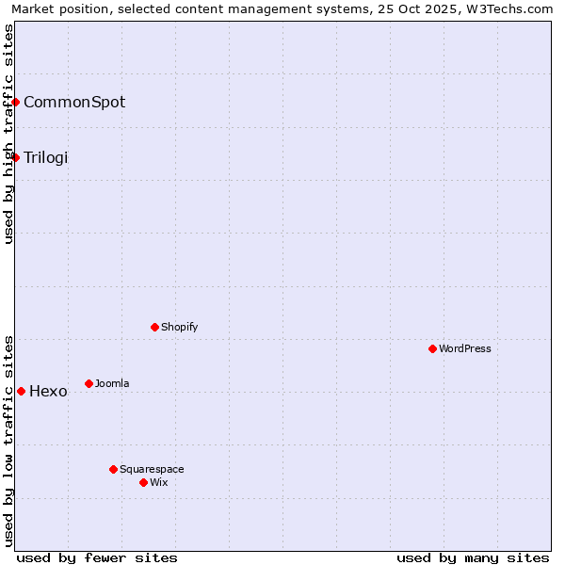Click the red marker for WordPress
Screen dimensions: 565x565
(432, 348)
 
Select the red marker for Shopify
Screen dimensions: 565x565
(154, 327)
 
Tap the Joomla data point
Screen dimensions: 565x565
(89, 383)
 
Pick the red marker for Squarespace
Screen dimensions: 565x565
(113, 469)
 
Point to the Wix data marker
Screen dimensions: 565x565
(143, 482)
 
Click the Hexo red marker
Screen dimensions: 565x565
(21, 391)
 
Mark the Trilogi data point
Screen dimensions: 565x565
(16, 157)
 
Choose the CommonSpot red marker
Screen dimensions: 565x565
(16, 102)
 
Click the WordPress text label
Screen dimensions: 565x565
(465, 348)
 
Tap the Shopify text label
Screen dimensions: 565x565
(179, 327)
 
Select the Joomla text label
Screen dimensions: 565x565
(112, 383)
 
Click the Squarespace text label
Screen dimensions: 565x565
(152, 469)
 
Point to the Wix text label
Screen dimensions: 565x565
(159, 482)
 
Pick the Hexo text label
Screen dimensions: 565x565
(48, 392)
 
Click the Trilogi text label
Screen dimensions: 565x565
(46, 157)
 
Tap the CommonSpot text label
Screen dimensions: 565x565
(74, 102)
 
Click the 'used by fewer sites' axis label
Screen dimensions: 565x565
(97, 557)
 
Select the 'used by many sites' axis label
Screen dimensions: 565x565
(473, 557)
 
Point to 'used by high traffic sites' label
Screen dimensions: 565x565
(8, 134)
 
